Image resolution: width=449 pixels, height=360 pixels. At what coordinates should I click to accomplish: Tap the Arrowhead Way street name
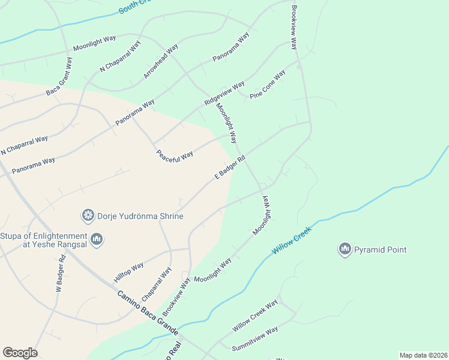tap(161, 61)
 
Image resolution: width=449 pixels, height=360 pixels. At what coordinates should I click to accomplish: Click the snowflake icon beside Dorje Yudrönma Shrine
tap(88, 215)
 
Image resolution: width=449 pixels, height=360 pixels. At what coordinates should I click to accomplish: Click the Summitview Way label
tap(255, 338)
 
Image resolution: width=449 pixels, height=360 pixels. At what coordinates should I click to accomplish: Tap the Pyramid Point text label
tap(381, 250)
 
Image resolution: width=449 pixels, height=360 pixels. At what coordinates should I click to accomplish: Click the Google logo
tap(20, 353)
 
